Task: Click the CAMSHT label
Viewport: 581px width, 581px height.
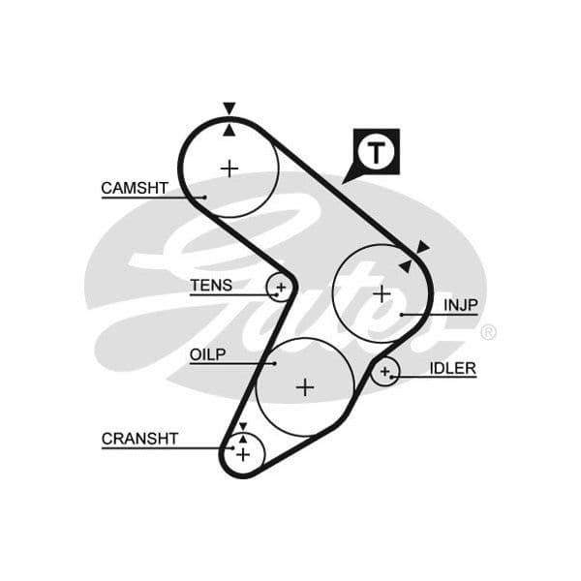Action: pos(135,188)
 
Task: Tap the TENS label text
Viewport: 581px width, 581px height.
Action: pos(211,286)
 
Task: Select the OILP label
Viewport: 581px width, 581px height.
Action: pos(207,354)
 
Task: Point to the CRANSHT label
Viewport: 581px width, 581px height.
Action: pos(139,439)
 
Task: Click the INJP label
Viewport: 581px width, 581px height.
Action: pos(461,305)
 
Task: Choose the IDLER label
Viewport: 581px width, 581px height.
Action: pos(453,368)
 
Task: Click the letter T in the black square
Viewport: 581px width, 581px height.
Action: pos(377,152)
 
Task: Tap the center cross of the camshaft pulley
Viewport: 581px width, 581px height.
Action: pos(229,168)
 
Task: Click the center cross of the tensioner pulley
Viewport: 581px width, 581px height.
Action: pos(281,288)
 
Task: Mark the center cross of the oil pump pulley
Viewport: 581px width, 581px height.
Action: pos(305,387)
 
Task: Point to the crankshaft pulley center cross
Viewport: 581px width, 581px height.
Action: pos(243,454)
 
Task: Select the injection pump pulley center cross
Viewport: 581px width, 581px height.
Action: pos(382,294)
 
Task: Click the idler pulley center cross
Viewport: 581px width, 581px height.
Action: pos(385,371)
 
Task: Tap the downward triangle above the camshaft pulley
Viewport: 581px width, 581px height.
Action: pos(229,107)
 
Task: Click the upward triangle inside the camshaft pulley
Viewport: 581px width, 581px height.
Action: pos(229,131)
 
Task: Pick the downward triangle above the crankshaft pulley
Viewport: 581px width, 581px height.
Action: pos(243,426)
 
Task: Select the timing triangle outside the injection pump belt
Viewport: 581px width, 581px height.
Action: pos(422,247)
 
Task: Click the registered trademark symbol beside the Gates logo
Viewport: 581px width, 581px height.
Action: pos(488,332)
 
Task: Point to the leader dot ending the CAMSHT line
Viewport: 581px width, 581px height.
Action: pos(205,198)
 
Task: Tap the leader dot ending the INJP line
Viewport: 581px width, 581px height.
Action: pos(402,315)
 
